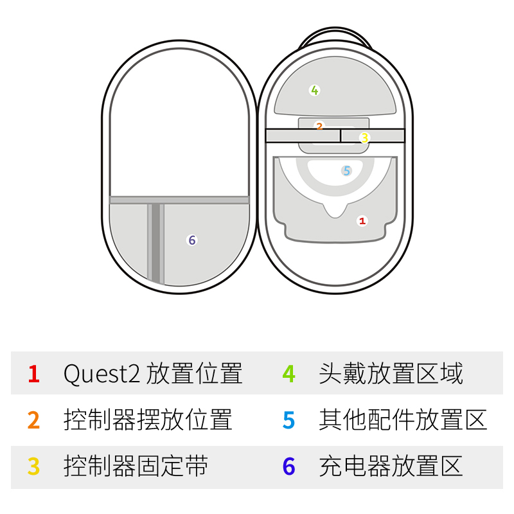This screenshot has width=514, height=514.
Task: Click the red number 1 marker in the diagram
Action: pos(362,220)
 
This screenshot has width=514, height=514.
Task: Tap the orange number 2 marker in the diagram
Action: pos(319,126)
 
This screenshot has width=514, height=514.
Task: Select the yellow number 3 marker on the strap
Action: pos(364,137)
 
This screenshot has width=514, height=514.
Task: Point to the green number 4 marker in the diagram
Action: pos(314,90)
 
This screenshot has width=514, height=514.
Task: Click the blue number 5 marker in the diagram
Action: pos(347,170)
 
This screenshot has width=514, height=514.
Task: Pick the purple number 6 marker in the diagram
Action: pos(191,240)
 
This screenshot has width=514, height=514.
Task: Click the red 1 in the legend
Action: pos(34,373)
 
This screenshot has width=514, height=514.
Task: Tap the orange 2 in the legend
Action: pos(34,420)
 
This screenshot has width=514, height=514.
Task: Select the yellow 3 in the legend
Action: pos(34,466)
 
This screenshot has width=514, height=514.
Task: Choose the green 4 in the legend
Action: pos(289,373)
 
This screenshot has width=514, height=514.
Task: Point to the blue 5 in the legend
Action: pos(289,420)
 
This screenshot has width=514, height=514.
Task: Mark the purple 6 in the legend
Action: pos(289,466)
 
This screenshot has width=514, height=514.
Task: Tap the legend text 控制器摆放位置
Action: pos(148,420)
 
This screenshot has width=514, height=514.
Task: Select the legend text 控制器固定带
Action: pos(136,466)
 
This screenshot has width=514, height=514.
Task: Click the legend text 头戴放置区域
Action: pos(391,373)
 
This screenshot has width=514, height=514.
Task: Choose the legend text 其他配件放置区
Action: pos(403,420)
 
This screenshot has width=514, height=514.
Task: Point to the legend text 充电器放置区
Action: pos(391,466)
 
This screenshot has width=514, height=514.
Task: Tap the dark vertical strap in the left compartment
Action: pos(155,243)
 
